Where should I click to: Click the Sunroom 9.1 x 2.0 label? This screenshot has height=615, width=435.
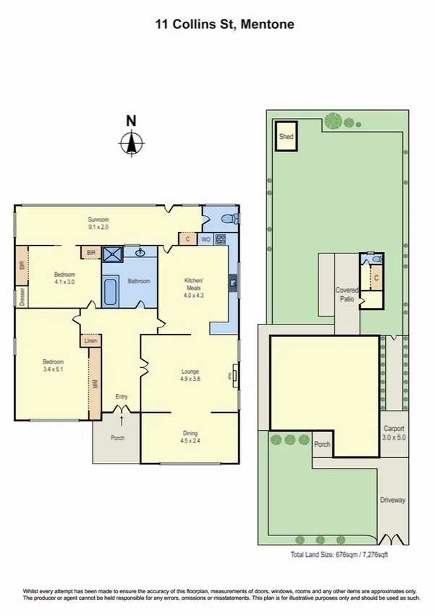click(98, 221)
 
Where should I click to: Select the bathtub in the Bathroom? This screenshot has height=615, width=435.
click(109, 293)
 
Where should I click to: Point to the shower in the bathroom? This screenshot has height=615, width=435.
click(112, 254)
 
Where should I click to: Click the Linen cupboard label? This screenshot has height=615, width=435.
click(90, 340)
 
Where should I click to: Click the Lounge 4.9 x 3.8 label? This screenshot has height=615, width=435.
click(190, 375)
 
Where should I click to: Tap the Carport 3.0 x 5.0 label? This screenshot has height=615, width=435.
click(394, 432)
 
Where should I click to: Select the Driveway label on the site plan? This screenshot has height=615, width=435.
click(393, 500)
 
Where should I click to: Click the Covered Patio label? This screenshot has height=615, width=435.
click(347, 293)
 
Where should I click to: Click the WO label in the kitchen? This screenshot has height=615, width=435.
click(205, 238)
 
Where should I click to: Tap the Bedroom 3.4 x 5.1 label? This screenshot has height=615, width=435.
click(52, 366)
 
